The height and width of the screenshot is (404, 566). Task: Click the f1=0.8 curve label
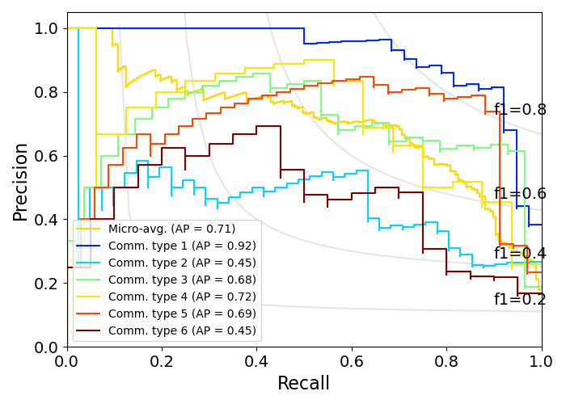click(x=520, y=110)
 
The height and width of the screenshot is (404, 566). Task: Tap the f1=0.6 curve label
click(x=520, y=194)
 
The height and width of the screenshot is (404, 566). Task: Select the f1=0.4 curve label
click(x=520, y=254)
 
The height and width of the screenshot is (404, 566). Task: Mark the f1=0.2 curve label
click(x=520, y=300)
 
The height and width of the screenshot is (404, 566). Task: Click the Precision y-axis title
click(x=21, y=181)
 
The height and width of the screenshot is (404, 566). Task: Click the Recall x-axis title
click(x=304, y=383)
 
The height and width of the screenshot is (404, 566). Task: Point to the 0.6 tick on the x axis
click(x=352, y=360)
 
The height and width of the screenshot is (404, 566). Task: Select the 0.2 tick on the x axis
click(x=162, y=360)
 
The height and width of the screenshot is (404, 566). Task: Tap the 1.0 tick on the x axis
click(x=541, y=360)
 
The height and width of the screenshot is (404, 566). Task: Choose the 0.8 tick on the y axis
click(x=47, y=92)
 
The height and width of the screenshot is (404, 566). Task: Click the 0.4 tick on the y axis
click(x=47, y=220)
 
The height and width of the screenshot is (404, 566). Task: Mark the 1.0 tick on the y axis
click(x=47, y=28)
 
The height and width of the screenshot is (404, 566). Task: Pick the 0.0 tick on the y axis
click(x=47, y=347)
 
